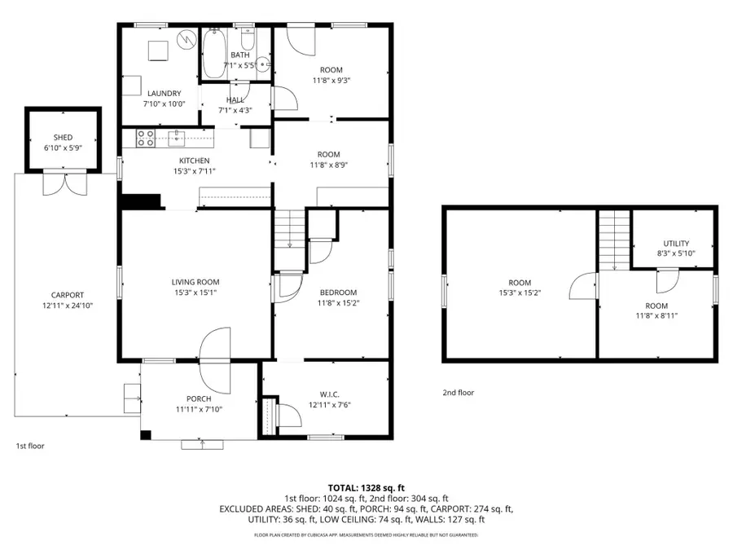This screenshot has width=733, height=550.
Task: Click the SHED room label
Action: tap(63, 138)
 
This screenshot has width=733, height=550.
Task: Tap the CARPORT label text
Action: tap(67, 295)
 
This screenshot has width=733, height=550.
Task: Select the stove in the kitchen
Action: tap(146, 139)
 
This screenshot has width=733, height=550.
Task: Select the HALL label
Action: tap(235, 99)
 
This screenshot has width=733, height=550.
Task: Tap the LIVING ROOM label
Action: tap(195, 282)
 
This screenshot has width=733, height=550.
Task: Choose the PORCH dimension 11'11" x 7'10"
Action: tap(199, 409)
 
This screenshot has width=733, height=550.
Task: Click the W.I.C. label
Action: tap(330, 394)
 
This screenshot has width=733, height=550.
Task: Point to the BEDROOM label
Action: tap(337, 293)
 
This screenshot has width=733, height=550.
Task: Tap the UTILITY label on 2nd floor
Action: tap(676, 244)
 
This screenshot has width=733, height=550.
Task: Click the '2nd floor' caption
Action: tap(459, 393)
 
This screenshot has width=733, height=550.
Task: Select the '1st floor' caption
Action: tap(30, 446)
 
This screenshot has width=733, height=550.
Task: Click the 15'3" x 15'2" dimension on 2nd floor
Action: tap(520, 293)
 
